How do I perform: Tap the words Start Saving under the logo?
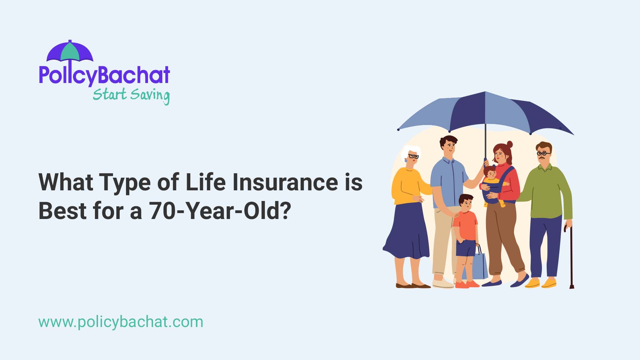(x=131, y=95)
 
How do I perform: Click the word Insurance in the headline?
(x=285, y=182)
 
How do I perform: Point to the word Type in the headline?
(x=125, y=182)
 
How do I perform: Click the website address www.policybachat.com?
(x=121, y=322)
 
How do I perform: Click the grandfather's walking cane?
(x=571, y=257)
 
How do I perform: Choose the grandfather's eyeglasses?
(x=543, y=154)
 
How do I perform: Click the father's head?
(x=448, y=145)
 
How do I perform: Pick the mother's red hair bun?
(x=509, y=144)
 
